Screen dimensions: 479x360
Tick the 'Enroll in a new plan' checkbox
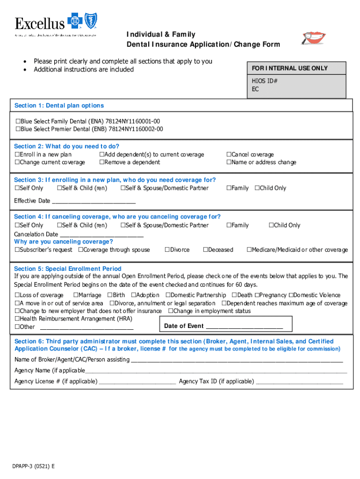coord(17,155)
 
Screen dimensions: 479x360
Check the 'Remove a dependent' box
coord(101,162)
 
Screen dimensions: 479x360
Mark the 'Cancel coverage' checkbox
coord(229,155)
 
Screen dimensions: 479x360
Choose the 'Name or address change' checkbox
coord(229,162)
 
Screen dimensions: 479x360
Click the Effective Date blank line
coord(94,202)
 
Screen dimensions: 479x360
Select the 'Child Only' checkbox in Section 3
coord(257,189)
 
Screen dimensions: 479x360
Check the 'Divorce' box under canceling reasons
coord(167,250)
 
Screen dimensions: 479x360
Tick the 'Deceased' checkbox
coord(205,250)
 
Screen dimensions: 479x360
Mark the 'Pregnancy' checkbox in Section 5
coord(257,295)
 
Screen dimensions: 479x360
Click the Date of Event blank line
coord(244,327)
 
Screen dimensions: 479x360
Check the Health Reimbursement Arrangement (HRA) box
coord(17,319)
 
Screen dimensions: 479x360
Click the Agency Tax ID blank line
coord(299,382)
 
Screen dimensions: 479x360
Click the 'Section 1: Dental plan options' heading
coord(59,106)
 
